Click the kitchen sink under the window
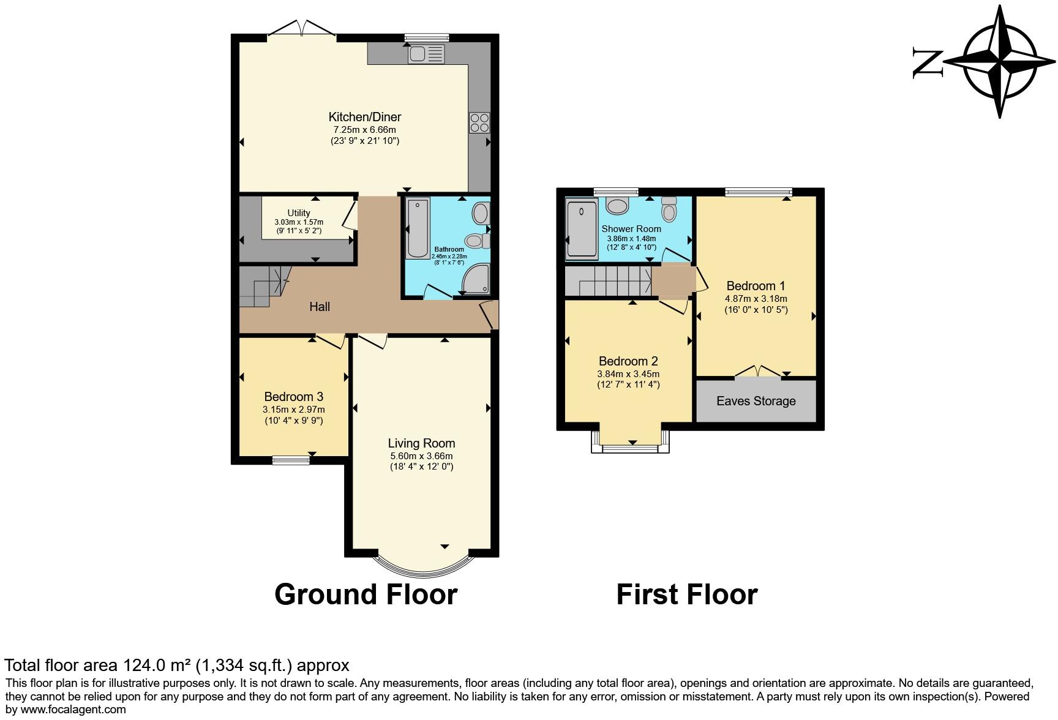(x=427, y=54)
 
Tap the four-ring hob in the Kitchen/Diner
(x=479, y=122)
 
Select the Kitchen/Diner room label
(x=364, y=117)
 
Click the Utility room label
(x=299, y=213)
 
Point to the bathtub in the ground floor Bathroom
(x=418, y=228)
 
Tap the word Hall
(x=320, y=307)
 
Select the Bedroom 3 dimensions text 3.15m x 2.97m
(x=293, y=410)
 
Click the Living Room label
(x=421, y=443)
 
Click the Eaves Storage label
(x=756, y=401)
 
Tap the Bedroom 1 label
(x=756, y=286)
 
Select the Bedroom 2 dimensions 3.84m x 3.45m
(x=628, y=374)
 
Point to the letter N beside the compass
(x=927, y=62)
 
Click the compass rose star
(x=1000, y=62)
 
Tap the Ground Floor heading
(x=366, y=594)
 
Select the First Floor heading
(x=686, y=594)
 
